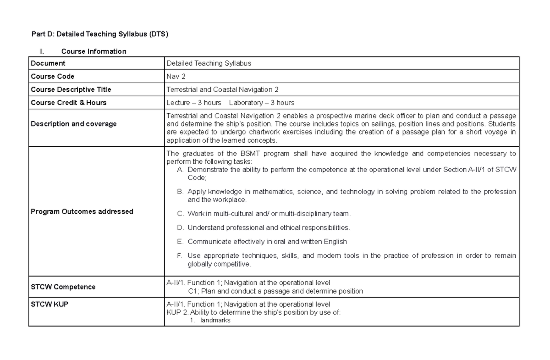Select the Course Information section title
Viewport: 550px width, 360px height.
click(93, 51)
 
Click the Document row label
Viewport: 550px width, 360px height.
click(48, 63)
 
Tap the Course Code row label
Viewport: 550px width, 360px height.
click(52, 76)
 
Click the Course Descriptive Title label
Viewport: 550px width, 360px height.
click(71, 89)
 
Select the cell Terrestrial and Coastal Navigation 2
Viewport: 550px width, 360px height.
click(222, 89)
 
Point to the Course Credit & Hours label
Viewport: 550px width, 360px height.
click(68, 103)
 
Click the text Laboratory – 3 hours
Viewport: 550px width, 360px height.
click(262, 103)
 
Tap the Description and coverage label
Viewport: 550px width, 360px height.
click(73, 124)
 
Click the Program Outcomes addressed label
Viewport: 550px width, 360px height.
click(82, 211)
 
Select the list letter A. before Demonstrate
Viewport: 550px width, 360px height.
click(180, 170)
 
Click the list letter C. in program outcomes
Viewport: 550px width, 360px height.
click(180, 214)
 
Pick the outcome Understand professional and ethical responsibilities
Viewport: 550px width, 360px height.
click(269, 227)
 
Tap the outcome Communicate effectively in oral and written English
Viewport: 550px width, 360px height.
click(267, 241)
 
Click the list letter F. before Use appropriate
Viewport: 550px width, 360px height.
click(180, 255)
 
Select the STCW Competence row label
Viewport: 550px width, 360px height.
click(63, 287)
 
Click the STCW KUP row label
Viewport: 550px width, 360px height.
click(49, 304)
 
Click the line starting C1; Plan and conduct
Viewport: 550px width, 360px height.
click(275, 291)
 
